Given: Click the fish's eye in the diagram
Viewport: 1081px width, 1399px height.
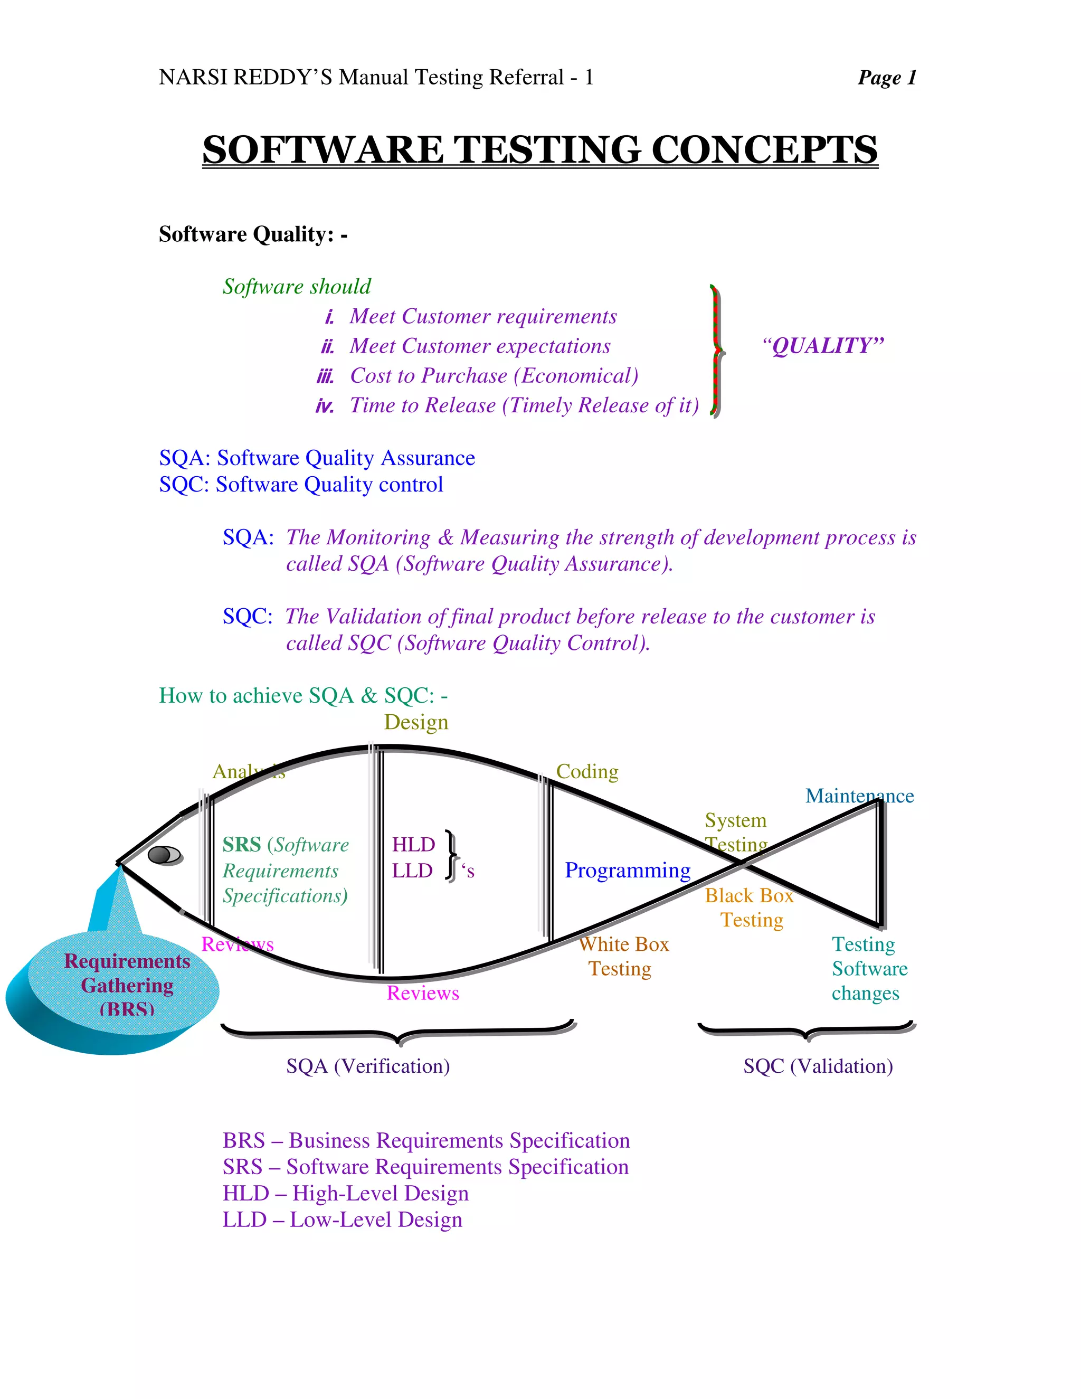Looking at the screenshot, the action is (x=165, y=855).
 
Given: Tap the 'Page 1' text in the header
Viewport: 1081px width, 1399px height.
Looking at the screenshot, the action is (x=886, y=78).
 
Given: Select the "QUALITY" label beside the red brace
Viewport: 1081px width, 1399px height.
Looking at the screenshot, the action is (x=823, y=346).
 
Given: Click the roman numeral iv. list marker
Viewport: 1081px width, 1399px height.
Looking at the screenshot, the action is (x=325, y=406).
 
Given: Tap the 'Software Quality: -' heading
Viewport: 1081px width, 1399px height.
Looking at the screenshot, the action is (x=253, y=234).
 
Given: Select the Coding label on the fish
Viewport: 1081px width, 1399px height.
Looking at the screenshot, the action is (x=586, y=772).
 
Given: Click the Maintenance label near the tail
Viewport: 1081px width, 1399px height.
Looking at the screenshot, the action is (x=859, y=796).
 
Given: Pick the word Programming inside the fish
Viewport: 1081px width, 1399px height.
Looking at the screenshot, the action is (x=627, y=871).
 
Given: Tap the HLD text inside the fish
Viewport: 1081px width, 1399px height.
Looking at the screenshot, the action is (x=413, y=845).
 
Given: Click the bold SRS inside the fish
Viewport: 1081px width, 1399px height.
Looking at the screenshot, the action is (x=241, y=845).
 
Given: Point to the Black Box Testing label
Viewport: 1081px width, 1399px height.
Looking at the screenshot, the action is (x=750, y=908).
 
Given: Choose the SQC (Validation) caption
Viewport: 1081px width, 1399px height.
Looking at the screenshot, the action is (x=818, y=1066).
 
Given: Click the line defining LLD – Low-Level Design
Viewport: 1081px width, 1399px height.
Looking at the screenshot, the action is (x=342, y=1220).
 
